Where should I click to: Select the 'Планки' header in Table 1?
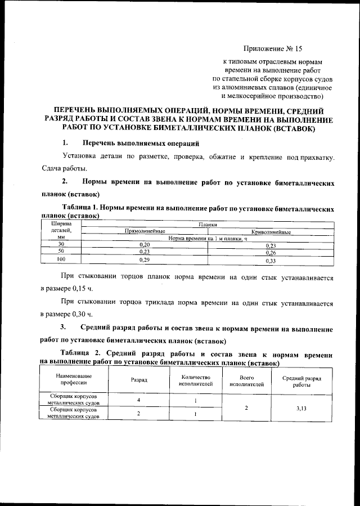point(209,225)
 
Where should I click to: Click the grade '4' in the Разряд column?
point(138,400)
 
